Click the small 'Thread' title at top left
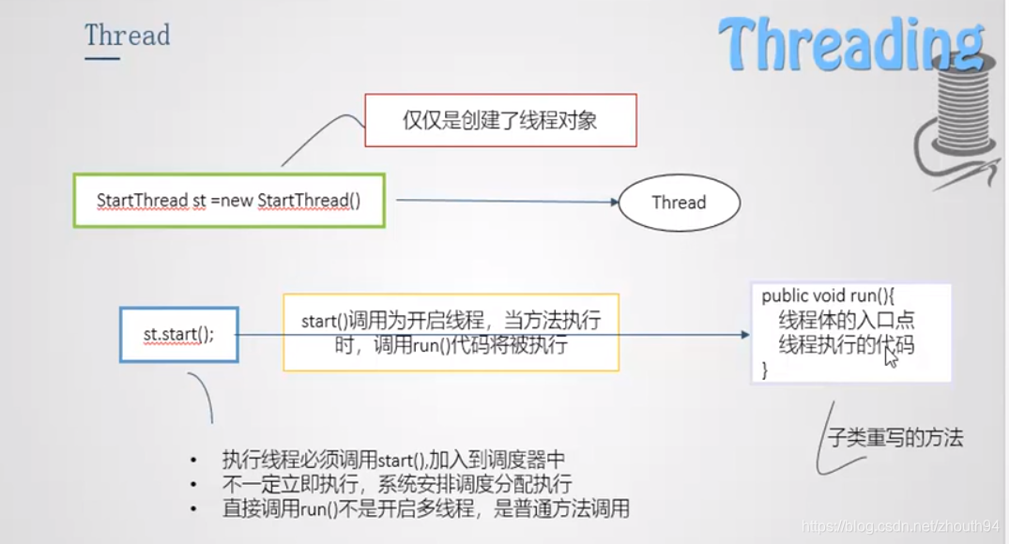[127, 36]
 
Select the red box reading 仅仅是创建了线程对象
[500, 120]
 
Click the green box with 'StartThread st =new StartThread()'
[229, 201]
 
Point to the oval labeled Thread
[679, 203]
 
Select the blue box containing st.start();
[178, 334]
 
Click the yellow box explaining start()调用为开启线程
[451, 333]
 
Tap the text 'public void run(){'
[830, 296]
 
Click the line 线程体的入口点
[847, 321]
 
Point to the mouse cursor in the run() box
[890, 355]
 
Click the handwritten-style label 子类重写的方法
[895, 437]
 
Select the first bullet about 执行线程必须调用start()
[393, 460]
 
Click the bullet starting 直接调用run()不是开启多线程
[425, 509]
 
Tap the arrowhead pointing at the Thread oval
[612, 203]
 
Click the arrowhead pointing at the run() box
[744, 334]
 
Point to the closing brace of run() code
[765, 370]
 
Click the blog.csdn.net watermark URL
[901, 527]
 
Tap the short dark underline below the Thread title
[102, 58]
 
